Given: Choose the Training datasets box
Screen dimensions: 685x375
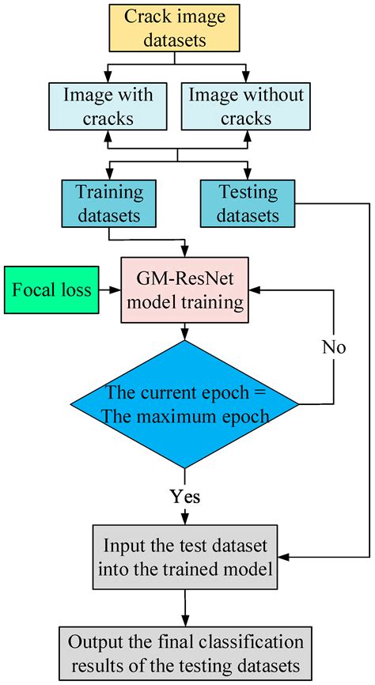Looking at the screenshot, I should (x=108, y=202).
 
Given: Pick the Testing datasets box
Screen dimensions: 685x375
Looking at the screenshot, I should (x=248, y=202).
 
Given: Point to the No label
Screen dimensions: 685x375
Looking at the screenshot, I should (x=335, y=346).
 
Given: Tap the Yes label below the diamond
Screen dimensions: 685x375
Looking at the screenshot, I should (x=185, y=497).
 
